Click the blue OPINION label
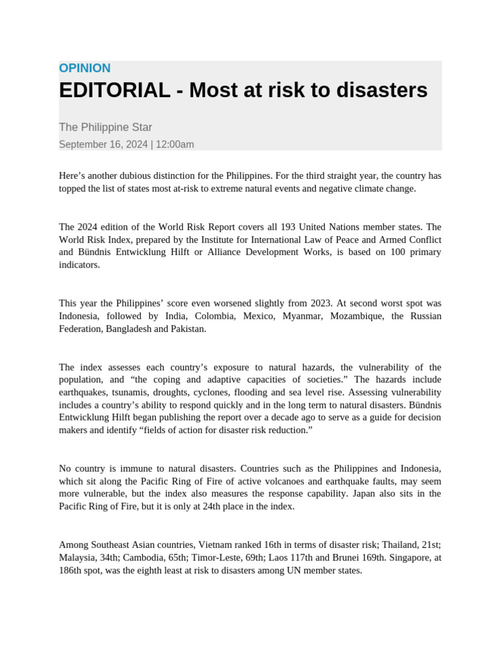coord(85,68)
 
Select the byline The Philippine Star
coord(105,127)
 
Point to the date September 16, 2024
coord(103,145)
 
